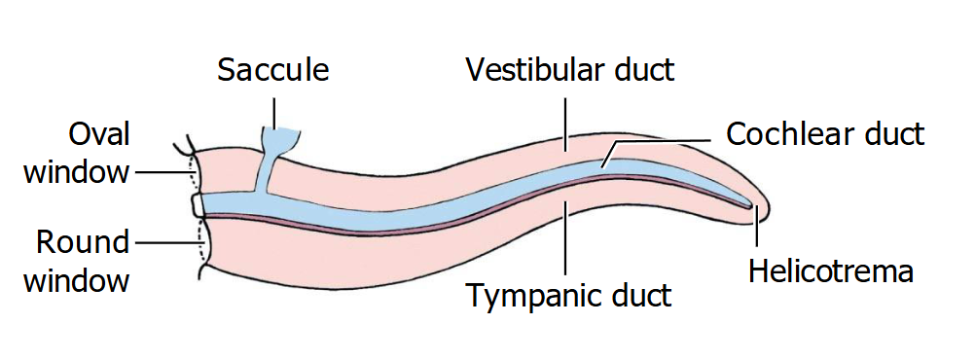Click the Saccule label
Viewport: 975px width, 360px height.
coord(273,71)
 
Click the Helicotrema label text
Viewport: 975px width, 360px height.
coord(830,270)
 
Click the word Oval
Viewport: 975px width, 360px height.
coord(99,134)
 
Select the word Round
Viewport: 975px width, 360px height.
coord(84,241)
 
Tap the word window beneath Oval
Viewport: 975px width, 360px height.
coord(77,172)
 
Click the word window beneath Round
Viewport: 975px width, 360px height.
coord(77,280)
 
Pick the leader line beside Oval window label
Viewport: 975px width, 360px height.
coord(161,172)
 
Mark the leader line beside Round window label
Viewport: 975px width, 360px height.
coord(165,242)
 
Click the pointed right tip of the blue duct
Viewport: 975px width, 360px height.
coord(750,204)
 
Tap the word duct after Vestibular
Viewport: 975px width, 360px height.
coord(643,71)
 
